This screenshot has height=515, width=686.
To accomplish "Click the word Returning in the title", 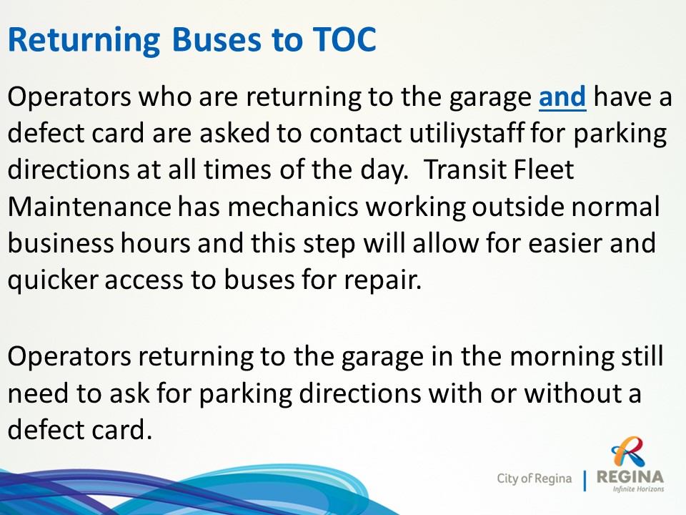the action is point(84,40).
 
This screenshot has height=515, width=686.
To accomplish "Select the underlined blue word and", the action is point(562,97).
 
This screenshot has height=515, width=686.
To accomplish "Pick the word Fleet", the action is point(543,170).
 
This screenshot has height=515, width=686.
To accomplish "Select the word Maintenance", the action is point(89,206).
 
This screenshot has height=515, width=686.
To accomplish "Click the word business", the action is point(60,242).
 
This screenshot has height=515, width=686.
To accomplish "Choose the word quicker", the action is point(52,280).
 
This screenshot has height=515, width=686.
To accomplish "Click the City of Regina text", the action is point(535,479).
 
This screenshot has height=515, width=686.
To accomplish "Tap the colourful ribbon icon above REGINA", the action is point(628,451).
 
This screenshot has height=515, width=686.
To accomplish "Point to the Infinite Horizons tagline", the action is point(638,489).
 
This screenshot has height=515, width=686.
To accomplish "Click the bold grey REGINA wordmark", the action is point(630,476).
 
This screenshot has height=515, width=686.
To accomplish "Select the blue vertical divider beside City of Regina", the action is point(585,481).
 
